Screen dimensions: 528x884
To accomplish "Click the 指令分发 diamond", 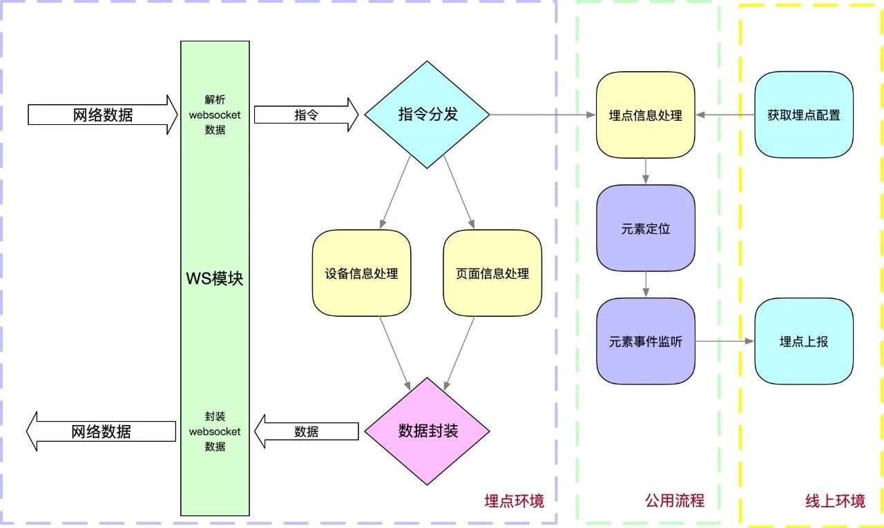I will point(427,115).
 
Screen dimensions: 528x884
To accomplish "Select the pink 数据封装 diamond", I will point(427,431).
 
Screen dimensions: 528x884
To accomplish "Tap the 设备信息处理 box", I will point(361,273).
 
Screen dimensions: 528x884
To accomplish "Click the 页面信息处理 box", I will point(492,273).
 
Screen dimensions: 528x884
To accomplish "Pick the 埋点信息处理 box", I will point(646,115).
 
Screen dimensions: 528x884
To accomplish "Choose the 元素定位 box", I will point(646,228).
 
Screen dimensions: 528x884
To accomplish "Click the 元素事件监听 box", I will point(646,341).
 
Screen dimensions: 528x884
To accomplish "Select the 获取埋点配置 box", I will point(804,115).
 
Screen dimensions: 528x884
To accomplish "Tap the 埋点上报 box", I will point(804,341).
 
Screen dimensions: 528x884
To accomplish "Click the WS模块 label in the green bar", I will point(215,280).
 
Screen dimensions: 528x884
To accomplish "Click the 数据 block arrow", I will point(306,431).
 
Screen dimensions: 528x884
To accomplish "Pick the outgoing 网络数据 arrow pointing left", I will point(101,431).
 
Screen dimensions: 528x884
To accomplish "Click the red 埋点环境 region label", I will point(514,500).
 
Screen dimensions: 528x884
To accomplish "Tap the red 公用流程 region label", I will point(675,500).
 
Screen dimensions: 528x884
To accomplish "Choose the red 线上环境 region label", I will point(835,500).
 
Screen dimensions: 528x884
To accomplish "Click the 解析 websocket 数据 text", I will point(215,115).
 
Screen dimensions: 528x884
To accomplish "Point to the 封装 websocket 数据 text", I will point(215,431).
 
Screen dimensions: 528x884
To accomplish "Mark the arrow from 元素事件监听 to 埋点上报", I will point(724,341).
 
